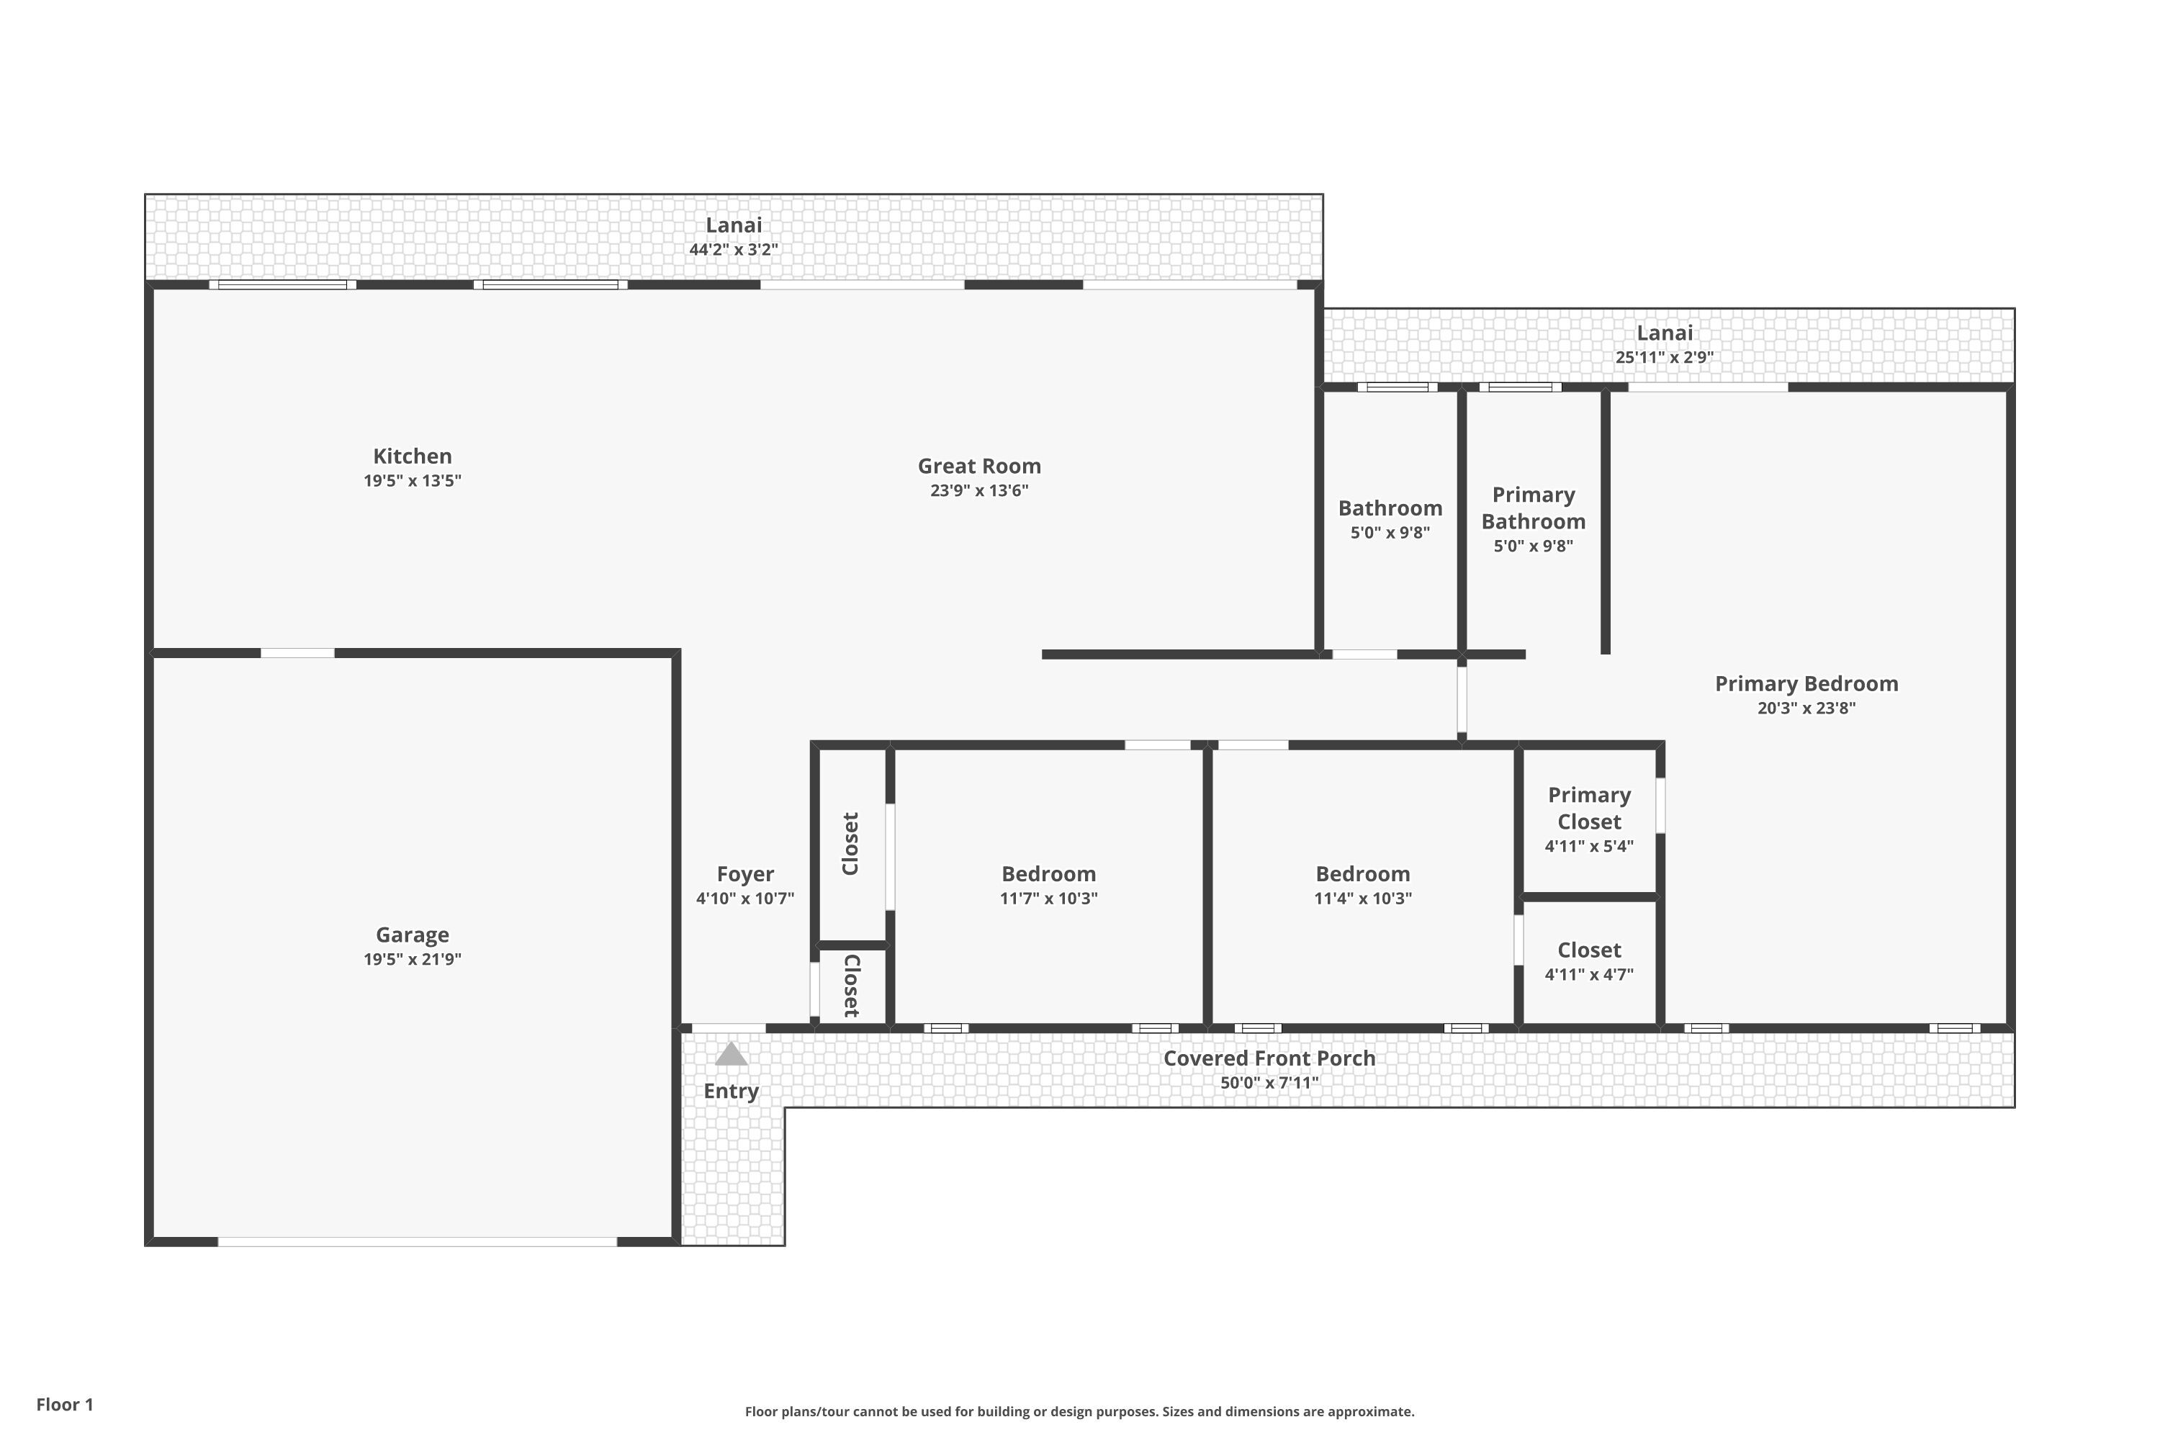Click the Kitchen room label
tap(413, 456)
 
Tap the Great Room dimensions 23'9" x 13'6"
tap(979, 490)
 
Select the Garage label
tap(413, 935)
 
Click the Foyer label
tap(744, 874)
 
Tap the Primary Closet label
tap(1589, 808)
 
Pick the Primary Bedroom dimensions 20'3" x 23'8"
tap(1806, 708)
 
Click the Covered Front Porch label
tap(1269, 1058)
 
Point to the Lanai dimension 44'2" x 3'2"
tap(734, 250)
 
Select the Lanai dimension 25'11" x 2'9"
tap(1665, 357)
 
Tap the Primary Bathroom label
tap(1533, 508)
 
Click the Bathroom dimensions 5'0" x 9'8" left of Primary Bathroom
tap(1390, 533)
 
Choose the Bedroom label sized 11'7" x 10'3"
tap(1049, 874)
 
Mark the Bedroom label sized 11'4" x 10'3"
tap(1363, 874)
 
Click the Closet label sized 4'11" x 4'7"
tap(1589, 950)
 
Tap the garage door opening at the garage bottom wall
tap(417, 1241)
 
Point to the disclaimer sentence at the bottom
tap(1079, 1411)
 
